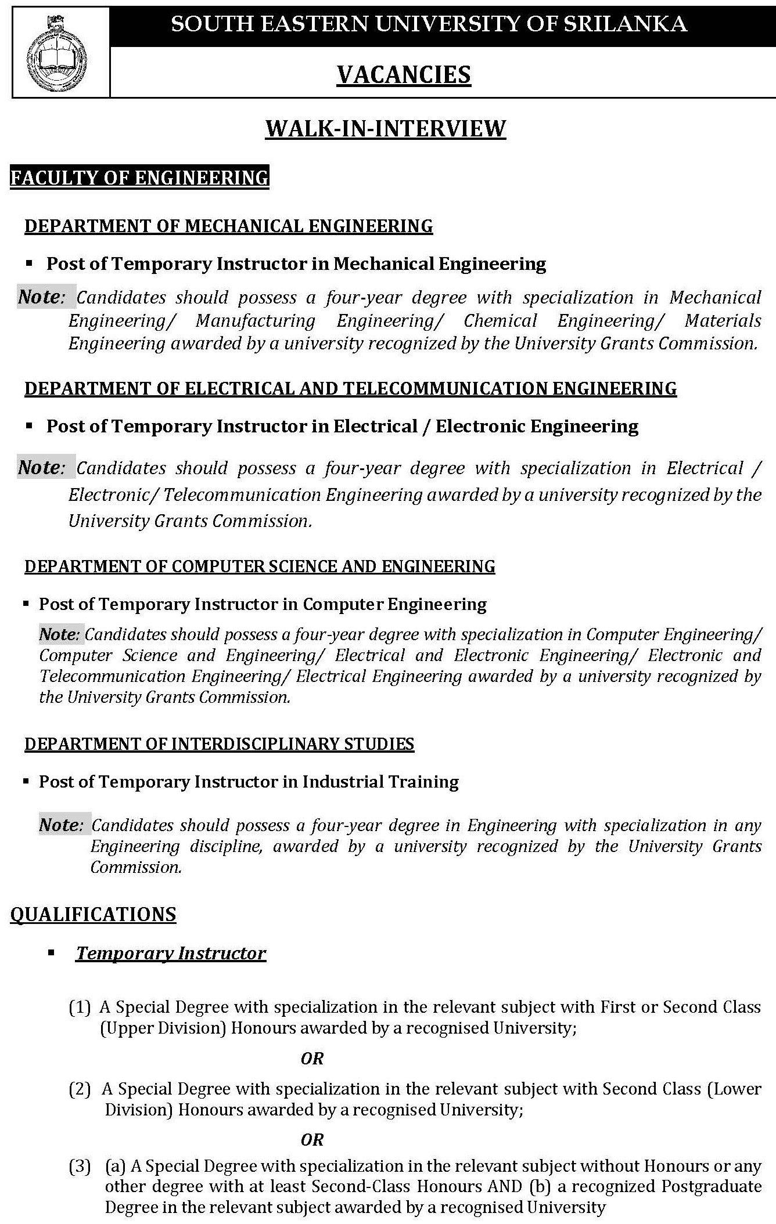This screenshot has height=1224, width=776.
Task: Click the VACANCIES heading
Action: pos(404,75)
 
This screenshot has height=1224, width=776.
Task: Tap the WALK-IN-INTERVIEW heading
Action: pos(386,128)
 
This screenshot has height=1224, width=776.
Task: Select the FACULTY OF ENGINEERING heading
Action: pos(139,178)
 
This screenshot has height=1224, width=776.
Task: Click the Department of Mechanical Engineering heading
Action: pos(228,226)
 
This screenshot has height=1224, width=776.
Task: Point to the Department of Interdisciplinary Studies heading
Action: pos(219,744)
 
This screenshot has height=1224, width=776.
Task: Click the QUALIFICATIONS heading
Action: pos(93,915)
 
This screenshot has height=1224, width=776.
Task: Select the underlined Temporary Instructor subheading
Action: pos(171,954)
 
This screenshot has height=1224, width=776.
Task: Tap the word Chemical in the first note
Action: pos(500,321)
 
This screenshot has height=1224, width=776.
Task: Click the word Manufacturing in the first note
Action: pos(255,321)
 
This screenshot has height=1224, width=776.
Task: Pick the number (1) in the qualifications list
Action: pos(80,1007)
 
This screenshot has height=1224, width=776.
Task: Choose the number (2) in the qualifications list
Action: pos(80,1089)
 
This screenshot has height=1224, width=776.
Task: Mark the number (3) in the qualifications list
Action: pos(80,1166)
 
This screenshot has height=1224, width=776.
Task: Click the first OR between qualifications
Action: pos(311,1059)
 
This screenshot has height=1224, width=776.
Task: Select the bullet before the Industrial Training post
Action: pos(26,782)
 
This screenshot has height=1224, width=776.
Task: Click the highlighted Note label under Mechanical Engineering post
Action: pos(39,297)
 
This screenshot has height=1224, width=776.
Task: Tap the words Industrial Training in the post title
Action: pos(380,782)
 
